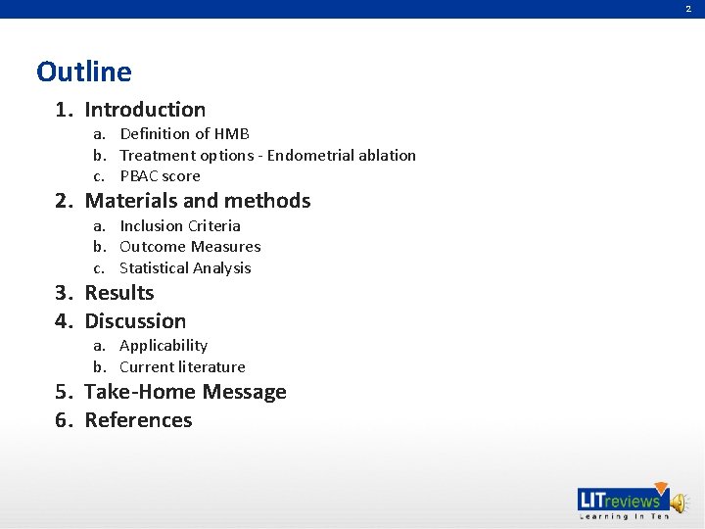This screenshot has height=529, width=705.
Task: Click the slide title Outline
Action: pos(83,72)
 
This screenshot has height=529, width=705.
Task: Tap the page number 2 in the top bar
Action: pos(687,9)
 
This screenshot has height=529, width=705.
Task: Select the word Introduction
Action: pos(145,110)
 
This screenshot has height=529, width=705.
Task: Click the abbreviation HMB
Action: pos(232,133)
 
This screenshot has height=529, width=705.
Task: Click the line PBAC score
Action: pos(160,176)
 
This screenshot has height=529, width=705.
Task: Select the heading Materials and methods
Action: pos(197,201)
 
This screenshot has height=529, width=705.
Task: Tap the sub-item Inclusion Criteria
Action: pos(179,225)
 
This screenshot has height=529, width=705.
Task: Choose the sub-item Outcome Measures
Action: pos(190,247)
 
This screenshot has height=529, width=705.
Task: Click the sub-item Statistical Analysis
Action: pos(185,268)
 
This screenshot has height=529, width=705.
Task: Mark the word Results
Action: pos(119,293)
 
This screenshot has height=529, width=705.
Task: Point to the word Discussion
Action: pos(135,321)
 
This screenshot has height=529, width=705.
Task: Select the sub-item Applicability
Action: pos(164,346)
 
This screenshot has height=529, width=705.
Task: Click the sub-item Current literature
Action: pos(182,367)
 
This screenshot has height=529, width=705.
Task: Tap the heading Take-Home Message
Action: pos(185,392)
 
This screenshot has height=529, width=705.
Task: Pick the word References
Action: pos(138,420)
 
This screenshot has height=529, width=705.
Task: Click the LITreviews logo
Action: pos(620,500)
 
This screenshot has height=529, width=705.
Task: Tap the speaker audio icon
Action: pos(681,501)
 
